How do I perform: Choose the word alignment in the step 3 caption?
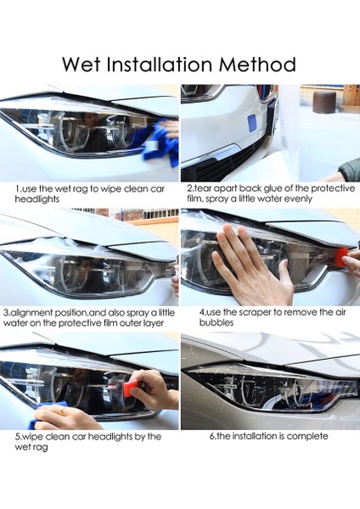coord(43,312)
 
